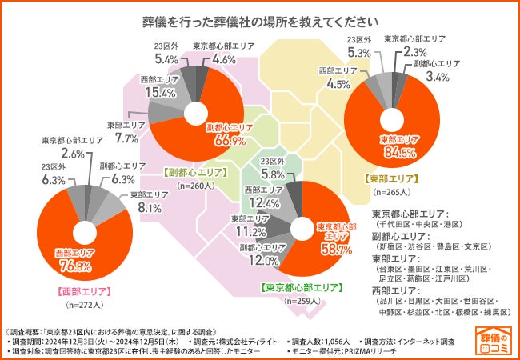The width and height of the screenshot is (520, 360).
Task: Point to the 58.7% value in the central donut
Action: click(x=336, y=250)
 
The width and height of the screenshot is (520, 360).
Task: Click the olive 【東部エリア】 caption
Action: click(x=391, y=178)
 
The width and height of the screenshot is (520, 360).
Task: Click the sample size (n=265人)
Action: click(x=391, y=193)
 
